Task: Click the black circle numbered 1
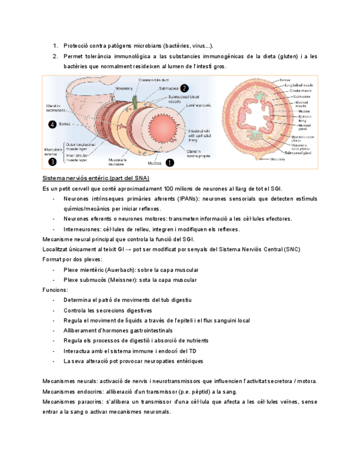coord(169,163)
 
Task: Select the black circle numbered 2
coord(185,88)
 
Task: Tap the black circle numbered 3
coord(52,162)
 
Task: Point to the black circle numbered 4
coord(52,125)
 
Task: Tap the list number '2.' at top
coord(56,56)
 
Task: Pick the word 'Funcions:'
coord(56,290)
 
